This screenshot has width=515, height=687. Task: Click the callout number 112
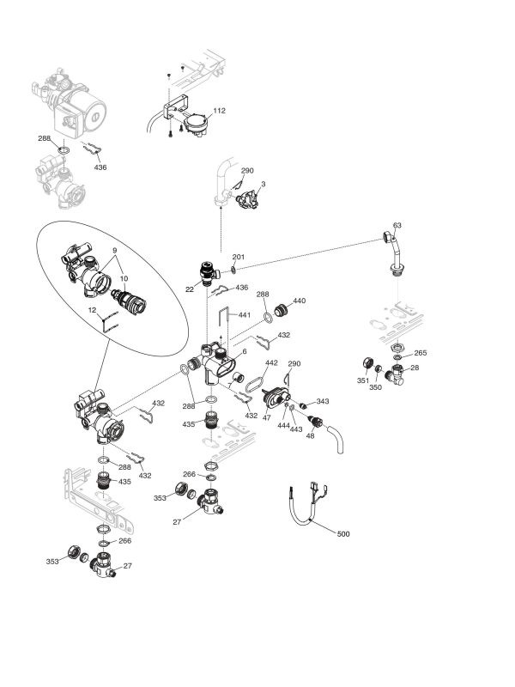click(219, 111)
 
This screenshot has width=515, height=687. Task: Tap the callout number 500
click(343, 534)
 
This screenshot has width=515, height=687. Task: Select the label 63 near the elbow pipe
click(397, 226)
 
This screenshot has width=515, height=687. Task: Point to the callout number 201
click(238, 257)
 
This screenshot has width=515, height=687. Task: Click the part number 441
click(245, 315)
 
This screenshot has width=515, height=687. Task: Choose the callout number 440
click(299, 301)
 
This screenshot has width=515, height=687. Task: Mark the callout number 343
click(322, 401)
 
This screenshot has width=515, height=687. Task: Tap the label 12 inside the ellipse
click(92, 309)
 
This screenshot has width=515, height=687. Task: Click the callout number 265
click(421, 353)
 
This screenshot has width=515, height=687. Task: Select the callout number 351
click(363, 380)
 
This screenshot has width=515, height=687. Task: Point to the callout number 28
click(415, 368)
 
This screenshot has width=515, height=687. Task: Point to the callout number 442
click(271, 363)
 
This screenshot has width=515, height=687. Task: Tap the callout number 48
click(311, 435)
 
